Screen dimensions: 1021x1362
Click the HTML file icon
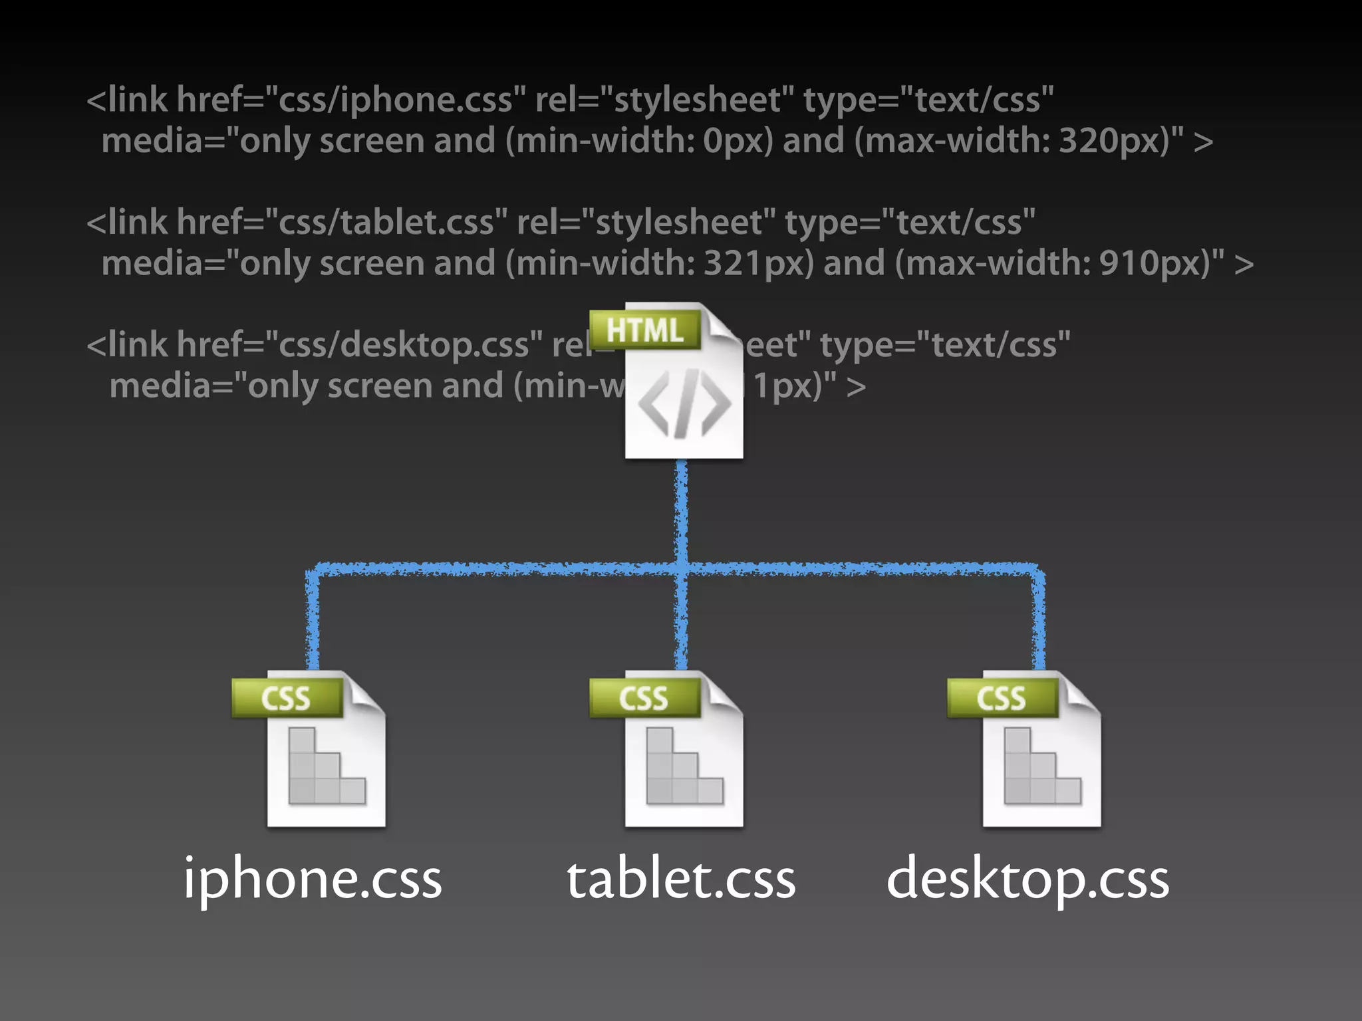tap(683, 392)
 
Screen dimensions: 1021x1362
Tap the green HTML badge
tap(644, 330)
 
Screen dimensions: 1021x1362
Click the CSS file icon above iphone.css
tap(326, 758)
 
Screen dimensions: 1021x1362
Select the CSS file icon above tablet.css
tap(683, 758)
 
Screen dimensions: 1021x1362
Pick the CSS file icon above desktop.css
tap(1041, 758)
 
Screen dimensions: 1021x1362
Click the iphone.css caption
tap(313, 879)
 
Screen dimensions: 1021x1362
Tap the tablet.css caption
tap(681, 879)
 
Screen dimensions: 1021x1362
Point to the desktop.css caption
tap(1027, 879)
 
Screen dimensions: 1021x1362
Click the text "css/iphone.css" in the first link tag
tap(395, 100)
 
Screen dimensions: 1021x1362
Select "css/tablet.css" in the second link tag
tap(386, 222)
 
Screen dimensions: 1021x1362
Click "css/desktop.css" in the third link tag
tap(403, 345)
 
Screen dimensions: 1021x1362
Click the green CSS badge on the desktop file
tap(1002, 698)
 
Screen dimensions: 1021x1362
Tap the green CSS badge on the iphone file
tap(286, 698)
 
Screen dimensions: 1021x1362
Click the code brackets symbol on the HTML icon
tap(684, 404)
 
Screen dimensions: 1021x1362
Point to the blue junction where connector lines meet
tap(682, 568)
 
